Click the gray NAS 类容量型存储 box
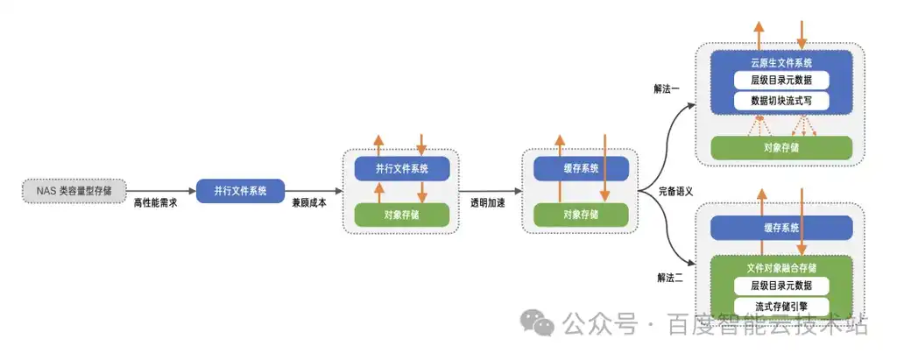74,191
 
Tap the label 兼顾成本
309,202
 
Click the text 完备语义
675,192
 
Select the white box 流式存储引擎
781,306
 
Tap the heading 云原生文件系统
781,62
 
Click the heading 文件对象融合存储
781,267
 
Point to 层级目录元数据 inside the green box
781,285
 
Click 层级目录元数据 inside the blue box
781,80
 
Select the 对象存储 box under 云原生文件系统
781,148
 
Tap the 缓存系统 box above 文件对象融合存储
781,228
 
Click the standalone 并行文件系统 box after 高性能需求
240,191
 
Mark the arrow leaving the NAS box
161,191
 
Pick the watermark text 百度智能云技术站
768,324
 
